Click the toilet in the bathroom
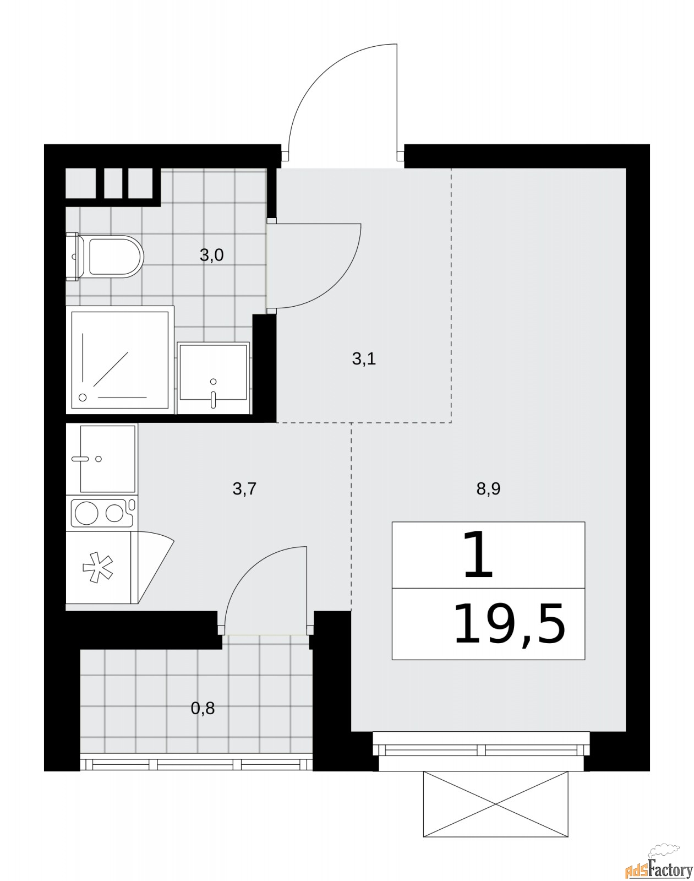[105, 257]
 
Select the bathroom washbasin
[213, 378]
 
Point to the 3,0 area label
[211, 255]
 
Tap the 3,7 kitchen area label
[244, 489]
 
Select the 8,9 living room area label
[488, 489]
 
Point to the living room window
[481, 749]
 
